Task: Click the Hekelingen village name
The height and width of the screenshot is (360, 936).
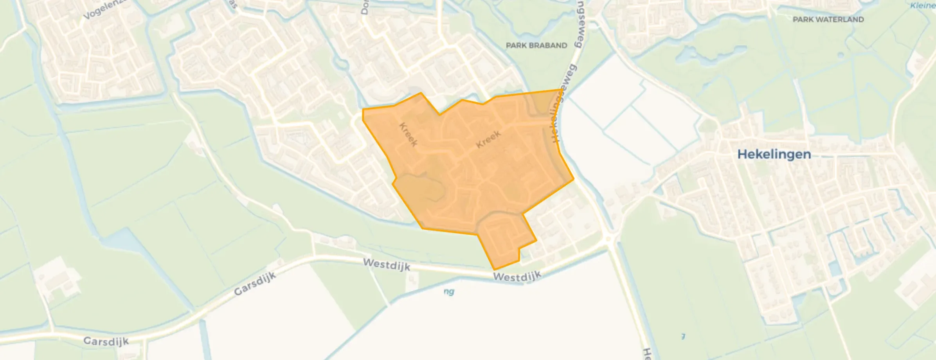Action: point(774,154)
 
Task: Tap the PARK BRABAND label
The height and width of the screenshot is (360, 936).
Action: point(536,45)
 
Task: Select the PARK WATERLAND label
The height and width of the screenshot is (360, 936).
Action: point(828,19)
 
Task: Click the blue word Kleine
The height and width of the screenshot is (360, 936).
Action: point(922,5)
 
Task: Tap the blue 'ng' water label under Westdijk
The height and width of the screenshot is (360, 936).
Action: point(449,292)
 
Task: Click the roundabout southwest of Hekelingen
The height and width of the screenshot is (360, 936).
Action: point(608,238)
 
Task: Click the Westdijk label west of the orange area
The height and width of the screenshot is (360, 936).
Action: point(386,265)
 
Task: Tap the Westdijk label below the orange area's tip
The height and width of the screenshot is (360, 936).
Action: point(517,276)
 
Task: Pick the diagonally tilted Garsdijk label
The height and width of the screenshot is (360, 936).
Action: point(255,284)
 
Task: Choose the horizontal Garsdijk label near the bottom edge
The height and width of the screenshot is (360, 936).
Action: point(106,341)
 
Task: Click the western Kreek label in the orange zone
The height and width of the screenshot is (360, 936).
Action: point(408,134)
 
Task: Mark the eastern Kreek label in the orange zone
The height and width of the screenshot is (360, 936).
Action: point(488,139)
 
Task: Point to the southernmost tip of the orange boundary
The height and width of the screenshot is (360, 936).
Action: point(495,270)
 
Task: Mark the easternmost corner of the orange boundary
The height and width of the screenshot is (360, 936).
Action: point(574,179)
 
